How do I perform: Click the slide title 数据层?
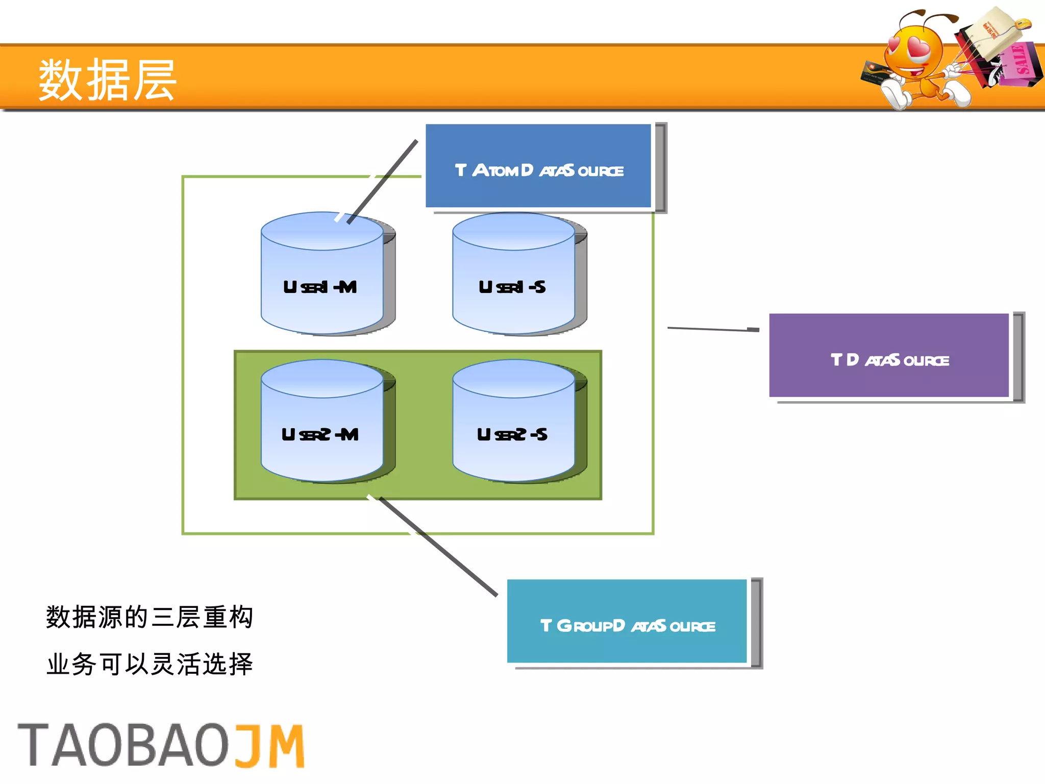pyautogui.click(x=107, y=80)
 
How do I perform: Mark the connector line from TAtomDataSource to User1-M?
pyautogui.click(x=383, y=182)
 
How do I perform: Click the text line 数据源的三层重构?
pyautogui.click(x=150, y=617)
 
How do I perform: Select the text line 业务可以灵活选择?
pyautogui.click(x=150, y=664)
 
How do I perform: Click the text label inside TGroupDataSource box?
pyautogui.click(x=628, y=626)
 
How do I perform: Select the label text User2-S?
pyautogui.click(x=512, y=435)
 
